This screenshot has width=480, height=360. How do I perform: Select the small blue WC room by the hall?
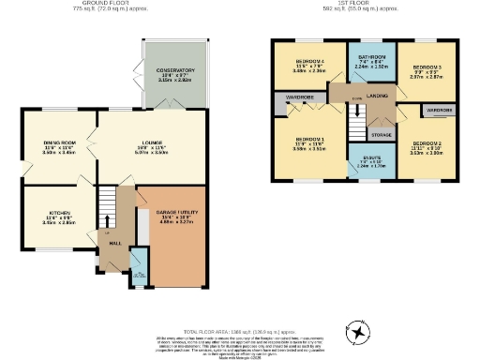click(x=140, y=266)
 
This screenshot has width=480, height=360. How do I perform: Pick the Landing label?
click(x=378, y=95)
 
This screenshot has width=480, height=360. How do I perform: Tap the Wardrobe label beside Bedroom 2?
click(x=440, y=111)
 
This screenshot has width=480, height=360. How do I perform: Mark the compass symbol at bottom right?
click(x=357, y=335)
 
